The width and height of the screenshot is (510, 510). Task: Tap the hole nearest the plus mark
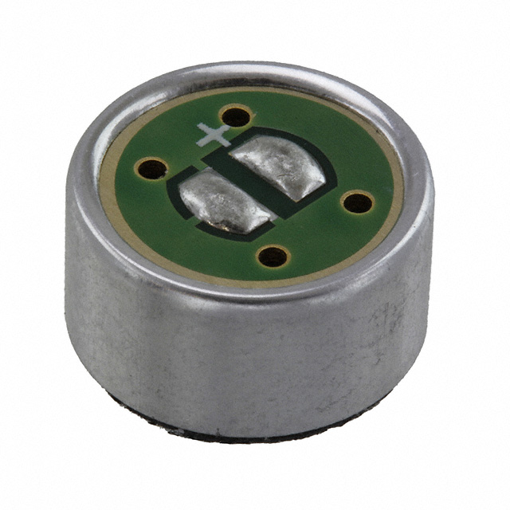[x=236, y=118]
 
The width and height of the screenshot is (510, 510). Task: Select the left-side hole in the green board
[x=151, y=168]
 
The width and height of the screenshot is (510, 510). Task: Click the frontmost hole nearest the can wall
[x=273, y=256]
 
